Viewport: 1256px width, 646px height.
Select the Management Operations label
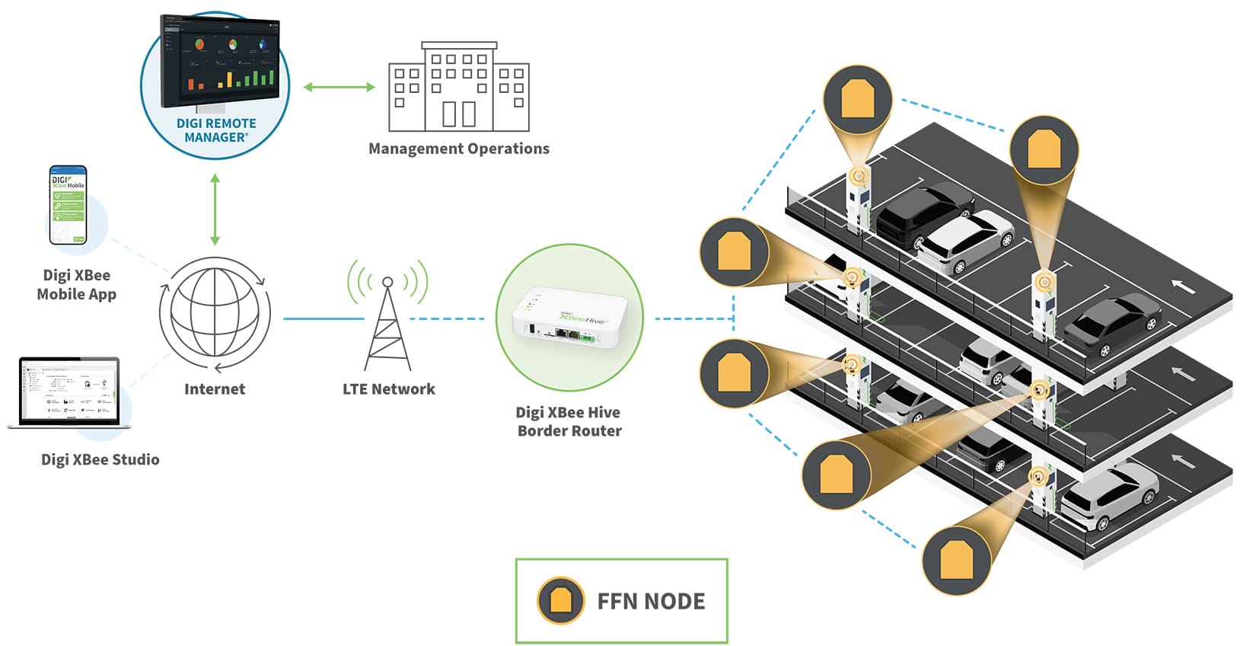[x=458, y=149]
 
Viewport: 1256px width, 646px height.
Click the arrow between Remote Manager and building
[x=340, y=87]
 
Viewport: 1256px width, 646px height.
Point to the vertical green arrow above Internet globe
[x=215, y=209]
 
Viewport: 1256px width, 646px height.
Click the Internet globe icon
[x=215, y=315]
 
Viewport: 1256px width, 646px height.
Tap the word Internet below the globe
[x=215, y=389]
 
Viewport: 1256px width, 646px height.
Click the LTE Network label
[x=388, y=389]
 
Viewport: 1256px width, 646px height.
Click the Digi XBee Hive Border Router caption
[x=569, y=421]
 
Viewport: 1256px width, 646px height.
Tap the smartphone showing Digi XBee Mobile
[x=68, y=205]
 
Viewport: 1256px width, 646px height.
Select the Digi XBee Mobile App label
[x=76, y=285]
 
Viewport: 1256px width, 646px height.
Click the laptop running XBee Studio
[x=69, y=392]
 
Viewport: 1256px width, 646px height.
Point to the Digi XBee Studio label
[x=100, y=459]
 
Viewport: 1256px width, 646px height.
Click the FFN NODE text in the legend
[x=651, y=602]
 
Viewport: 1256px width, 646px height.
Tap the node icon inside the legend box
[x=560, y=601]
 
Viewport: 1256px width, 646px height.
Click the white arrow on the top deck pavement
[x=1182, y=286]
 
